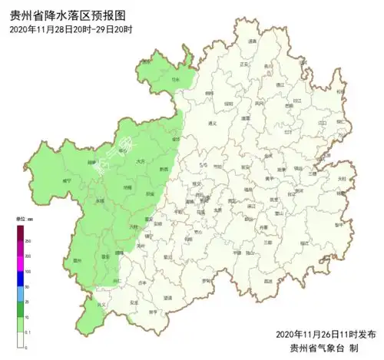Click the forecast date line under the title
coord(71,29)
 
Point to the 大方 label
coord(139,162)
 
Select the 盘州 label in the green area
coord(77,261)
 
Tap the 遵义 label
coord(213,123)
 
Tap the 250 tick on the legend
coord(29,241)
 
